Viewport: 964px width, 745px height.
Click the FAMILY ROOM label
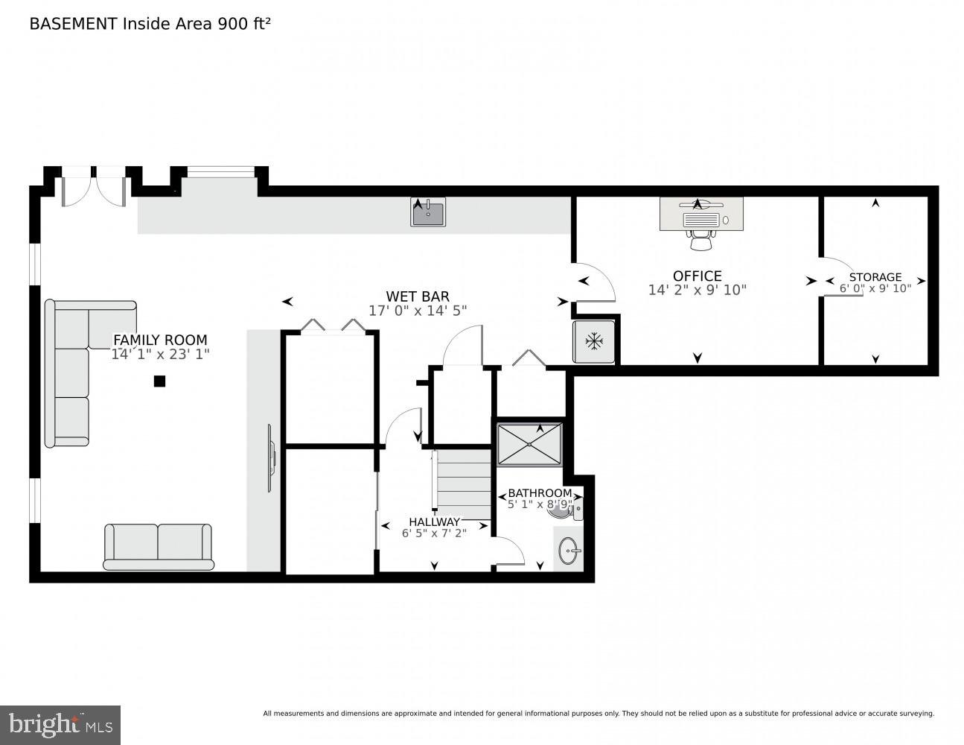pos(160,340)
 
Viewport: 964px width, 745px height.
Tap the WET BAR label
pos(417,297)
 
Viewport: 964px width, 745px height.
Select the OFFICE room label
pos(697,276)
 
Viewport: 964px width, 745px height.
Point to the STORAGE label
pos(875,277)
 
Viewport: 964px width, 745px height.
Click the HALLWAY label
pos(434,521)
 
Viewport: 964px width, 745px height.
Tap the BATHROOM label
pos(540,493)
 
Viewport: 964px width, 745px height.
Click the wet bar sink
pos(428,212)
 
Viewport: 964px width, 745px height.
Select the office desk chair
pos(700,238)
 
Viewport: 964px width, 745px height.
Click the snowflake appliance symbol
pos(593,342)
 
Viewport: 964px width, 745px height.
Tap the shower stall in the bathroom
pos(530,444)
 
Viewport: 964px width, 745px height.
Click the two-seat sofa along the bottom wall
pos(158,545)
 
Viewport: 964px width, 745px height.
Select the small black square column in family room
pos(159,381)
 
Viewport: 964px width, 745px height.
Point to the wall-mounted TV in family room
pos(271,458)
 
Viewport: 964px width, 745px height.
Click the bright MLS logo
pos(60,724)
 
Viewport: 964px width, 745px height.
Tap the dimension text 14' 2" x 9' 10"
pos(697,291)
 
